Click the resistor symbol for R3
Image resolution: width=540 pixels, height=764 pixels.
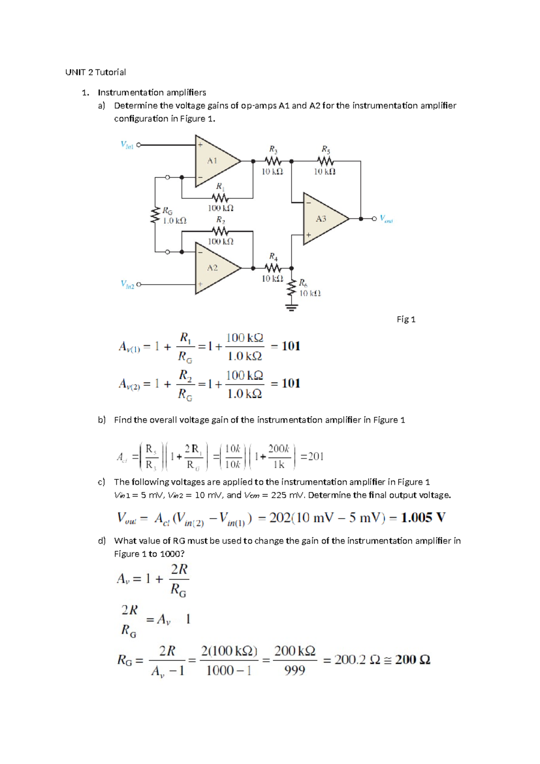pyautogui.click(x=273, y=161)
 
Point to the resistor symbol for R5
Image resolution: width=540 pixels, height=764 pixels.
pyautogui.click(x=325, y=161)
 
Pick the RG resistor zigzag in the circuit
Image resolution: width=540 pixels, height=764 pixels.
pyautogui.click(x=156, y=215)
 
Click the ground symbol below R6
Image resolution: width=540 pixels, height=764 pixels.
pyautogui.click(x=292, y=308)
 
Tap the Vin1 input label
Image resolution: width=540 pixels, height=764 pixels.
pyautogui.click(x=127, y=145)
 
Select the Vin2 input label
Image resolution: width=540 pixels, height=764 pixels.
pyautogui.click(x=127, y=284)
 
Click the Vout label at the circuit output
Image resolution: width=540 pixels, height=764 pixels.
pyautogui.click(x=386, y=219)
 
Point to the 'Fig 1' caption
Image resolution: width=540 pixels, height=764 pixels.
pyautogui.click(x=406, y=319)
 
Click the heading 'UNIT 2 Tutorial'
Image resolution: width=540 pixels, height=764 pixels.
pyautogui.click(x=95, y=72)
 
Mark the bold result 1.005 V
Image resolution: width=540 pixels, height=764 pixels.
pyautogui.click(x=423, y=518)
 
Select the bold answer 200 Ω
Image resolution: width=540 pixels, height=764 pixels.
pyautogui.click(x=413, y=660)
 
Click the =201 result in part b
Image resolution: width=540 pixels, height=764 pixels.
pyautogui.click(x=312, y=456)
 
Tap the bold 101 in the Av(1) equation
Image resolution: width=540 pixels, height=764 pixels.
pyautogui.click(x=291, y=346)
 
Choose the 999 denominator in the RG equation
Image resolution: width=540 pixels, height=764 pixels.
pyautogui.click(x=295, y=671)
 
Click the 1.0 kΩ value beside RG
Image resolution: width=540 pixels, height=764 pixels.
pyautogui.click(x=175, y=221)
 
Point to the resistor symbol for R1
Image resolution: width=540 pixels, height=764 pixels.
pyautogui.click(x=220, y=198)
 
